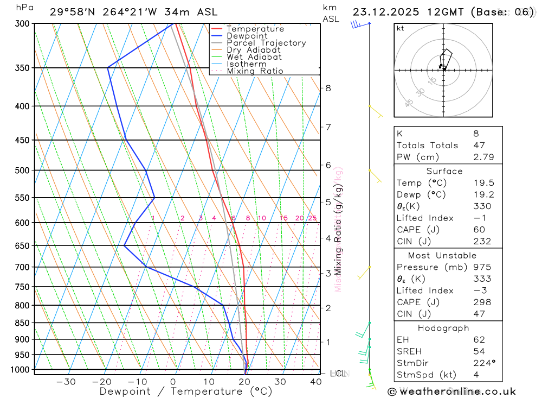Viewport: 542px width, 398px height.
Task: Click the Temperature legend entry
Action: (x=255, y=29)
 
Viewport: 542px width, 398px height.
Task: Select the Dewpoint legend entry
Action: (x=247, y=36)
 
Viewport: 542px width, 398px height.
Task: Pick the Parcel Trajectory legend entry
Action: (x=266, y=43)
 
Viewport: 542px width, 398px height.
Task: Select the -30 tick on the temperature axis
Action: (x=66, y=382)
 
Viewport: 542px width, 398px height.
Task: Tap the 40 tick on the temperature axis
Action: (x=315, y=382)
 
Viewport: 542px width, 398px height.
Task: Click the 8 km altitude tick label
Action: (x=328, y=88)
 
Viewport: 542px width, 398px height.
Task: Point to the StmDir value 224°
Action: (x=482, y=363)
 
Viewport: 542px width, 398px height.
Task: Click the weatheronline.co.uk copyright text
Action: (x=451, y=391)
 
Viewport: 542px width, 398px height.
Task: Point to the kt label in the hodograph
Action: (x=400, y=29)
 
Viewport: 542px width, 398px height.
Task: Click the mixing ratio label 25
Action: (x=312, y=218)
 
